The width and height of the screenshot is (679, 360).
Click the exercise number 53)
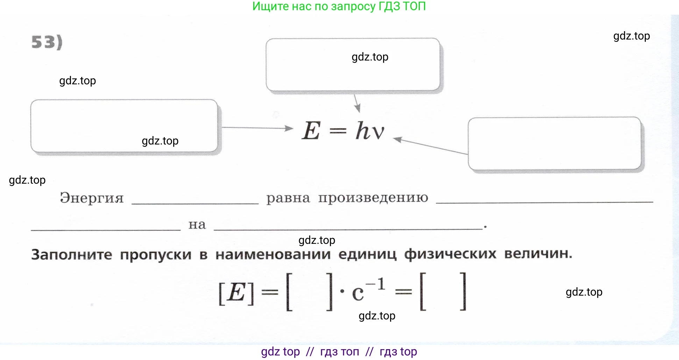[x=47, y=42]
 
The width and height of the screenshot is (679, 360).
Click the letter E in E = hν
[x=311, y=130]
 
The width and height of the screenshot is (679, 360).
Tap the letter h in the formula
[x=363, y=130]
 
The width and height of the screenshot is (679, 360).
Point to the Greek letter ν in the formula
[x=378, y=133]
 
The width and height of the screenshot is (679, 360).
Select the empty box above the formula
[x=353, y=65]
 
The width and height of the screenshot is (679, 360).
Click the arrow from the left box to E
[x=257, y=128]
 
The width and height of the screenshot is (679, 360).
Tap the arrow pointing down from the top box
[x=357, y=103]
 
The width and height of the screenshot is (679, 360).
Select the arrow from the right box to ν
[x=431, y=146]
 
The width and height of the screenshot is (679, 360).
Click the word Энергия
[x=92, y=198]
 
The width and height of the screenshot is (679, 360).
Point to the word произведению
[x=373, y=198]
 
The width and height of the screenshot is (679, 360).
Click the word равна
[x=288, y=198]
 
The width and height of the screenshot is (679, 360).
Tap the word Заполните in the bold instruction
[x=72, y=254]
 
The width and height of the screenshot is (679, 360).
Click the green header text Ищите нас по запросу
[x=314, y=6]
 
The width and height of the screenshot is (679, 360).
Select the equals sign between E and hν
[x=338, y=131]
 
